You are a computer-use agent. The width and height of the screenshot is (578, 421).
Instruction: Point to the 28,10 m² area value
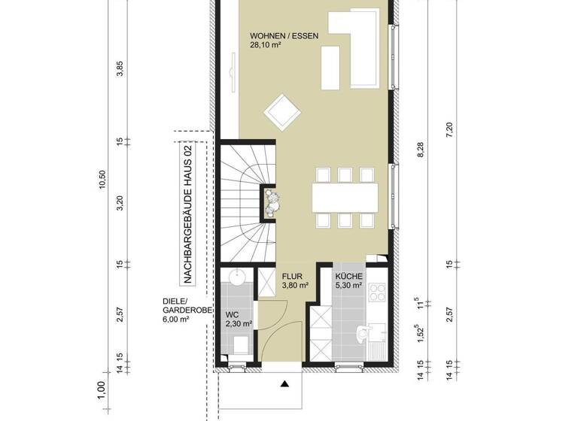[266, 45]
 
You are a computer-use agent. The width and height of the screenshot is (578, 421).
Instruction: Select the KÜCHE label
[349, 276]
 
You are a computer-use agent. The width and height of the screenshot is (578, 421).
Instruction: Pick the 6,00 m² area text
[175, 320]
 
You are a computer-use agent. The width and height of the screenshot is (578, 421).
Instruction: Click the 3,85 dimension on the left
[120, 70]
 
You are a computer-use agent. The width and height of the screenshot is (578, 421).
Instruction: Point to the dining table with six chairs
[344, 197]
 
